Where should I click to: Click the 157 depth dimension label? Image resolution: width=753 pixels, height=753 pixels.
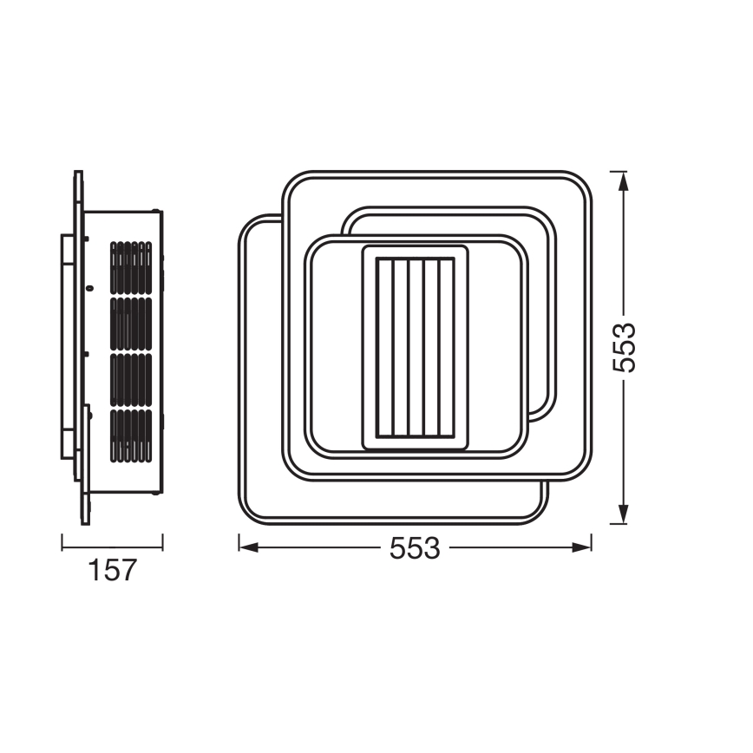tap(113, 571)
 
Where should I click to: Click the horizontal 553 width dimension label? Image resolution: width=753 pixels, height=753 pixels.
tap(415, 549)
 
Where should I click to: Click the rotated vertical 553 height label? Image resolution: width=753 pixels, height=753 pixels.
tap(624, 347)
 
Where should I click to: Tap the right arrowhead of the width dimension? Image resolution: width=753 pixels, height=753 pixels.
tap(585, 547)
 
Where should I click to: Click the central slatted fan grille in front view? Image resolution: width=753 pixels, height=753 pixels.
tap(415, 348)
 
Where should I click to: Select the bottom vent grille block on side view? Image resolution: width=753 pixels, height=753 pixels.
tap(131, 435)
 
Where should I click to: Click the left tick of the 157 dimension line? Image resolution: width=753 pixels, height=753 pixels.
tap(62, 543)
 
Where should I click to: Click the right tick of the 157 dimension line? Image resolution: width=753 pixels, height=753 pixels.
tap(163, 543)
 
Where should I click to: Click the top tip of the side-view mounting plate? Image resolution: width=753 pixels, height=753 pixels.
tap(78, 174)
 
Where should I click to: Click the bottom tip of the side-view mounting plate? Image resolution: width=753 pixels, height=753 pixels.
tap(84, 522)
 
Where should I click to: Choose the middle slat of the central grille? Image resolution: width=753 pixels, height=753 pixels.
tap(415, 348)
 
